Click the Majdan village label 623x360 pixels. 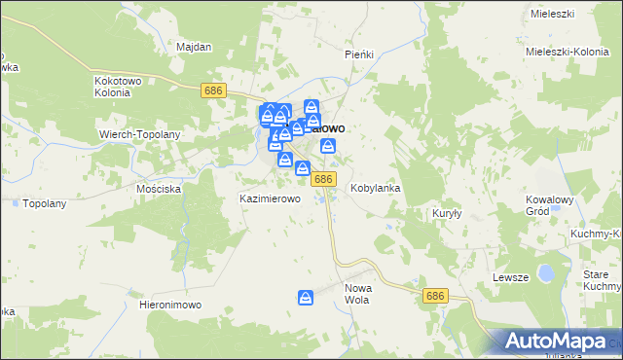(194, 46)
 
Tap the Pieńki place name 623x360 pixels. (359, 54)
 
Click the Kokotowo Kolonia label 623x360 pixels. (120, 88)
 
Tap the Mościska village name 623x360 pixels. (159, 188)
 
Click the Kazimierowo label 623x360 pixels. (270, 198)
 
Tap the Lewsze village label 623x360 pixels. (510, 277)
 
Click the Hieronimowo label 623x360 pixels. (170, 305)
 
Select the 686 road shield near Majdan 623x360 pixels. (214, 90)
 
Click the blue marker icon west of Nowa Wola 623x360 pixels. (306, 297)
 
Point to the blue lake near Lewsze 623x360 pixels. (547, 273)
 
